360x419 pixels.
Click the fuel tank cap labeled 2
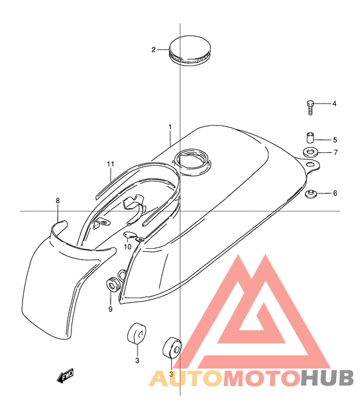coord(190,51)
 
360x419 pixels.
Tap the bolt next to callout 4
coord(310,107)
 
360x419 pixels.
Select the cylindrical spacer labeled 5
coord(310,138)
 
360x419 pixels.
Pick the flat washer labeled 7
coord(310,152)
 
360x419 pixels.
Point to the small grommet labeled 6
coord(311,193)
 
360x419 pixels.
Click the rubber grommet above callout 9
coord(113,285)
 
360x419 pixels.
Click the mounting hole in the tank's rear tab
coord(309,164)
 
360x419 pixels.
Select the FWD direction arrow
coord(65,376)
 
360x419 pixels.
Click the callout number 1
coord(170,127)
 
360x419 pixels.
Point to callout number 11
coord(111,164)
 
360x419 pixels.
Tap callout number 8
coord(58,201)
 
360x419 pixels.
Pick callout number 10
coord(127,247)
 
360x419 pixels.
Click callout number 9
coord(111,309)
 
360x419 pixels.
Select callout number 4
coord(334,103)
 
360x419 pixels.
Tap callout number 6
coord(335,193)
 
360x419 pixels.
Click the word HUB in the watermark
coord(327,378)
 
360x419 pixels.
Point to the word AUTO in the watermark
coord(186,378)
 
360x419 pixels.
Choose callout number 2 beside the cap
coord(154,49)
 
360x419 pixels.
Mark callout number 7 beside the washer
coord(336,152)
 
